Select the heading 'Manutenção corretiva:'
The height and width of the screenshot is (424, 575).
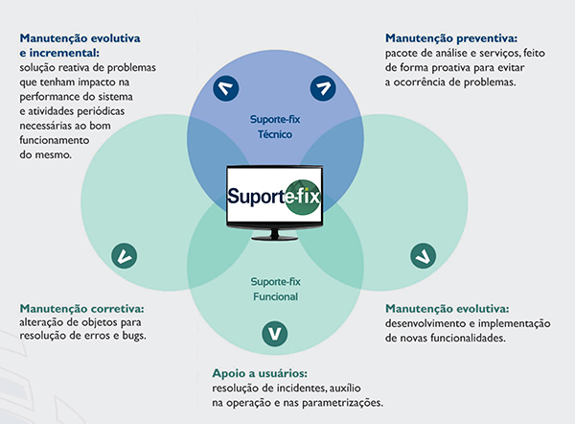point(82,308)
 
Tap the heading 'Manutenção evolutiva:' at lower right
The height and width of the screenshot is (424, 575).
point(447,308)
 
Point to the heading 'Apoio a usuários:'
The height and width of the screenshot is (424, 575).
point(260,372)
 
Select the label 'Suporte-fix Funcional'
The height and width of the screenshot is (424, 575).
point(275,289)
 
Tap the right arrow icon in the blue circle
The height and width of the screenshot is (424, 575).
point(322,90)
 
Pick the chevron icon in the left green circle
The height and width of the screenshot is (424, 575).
point(123,255)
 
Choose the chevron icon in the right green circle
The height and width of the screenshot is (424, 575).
point(422,255)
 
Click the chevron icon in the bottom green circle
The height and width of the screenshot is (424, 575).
point(275,335)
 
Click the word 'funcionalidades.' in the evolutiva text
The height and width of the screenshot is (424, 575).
point(465,338)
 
